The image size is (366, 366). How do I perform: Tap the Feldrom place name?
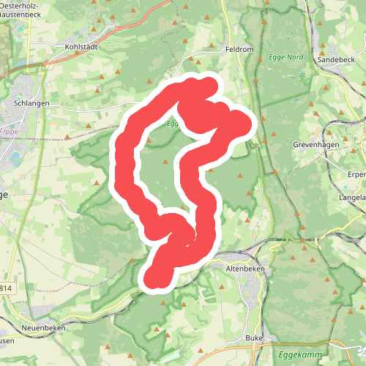(239, 49)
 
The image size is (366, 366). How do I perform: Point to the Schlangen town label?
(31, 104)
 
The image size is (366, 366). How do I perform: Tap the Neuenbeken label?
(44, 328)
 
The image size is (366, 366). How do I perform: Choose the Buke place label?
(254, 338)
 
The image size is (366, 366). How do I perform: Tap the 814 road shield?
(7, 289)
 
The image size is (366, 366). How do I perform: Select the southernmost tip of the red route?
(156, 279)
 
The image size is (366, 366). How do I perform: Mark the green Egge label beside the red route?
(173, 124)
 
